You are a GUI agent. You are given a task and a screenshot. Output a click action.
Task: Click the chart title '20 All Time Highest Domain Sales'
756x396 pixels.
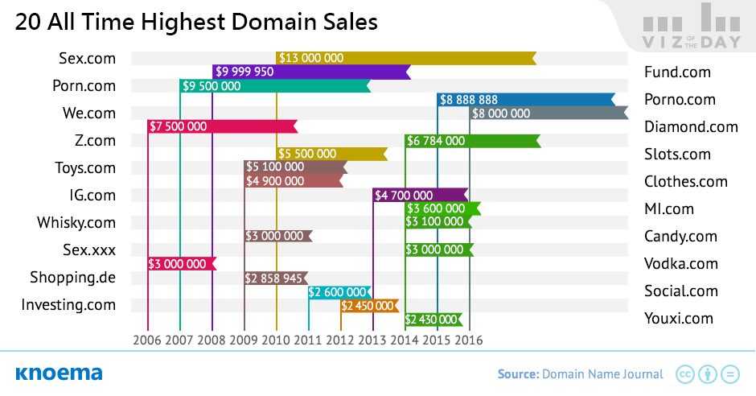point(196,23)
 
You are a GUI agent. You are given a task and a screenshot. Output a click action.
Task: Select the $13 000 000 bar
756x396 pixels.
point(406,58)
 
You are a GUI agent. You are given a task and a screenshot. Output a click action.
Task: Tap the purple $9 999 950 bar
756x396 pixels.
point(311,72)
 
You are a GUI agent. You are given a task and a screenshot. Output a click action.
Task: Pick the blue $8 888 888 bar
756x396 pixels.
point(526,99)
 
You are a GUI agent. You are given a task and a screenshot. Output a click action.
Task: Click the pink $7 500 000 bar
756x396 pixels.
point(222,126)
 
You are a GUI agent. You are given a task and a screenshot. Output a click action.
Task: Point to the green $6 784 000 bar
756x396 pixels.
point(473,141)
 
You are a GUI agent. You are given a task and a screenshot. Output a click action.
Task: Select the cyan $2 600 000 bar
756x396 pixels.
point(340,292)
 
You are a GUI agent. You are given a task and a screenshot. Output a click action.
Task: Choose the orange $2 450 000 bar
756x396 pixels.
point(370,306)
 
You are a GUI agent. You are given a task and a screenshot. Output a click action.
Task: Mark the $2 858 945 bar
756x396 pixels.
point(276,278)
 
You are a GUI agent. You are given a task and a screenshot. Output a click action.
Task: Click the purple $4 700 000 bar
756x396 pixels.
point(421,196)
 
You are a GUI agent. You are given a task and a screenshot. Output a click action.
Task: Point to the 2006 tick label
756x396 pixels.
point(147,340)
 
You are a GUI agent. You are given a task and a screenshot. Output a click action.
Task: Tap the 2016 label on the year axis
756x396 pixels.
point(469,340)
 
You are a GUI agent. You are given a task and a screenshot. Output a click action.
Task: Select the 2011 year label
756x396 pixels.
point(307,340)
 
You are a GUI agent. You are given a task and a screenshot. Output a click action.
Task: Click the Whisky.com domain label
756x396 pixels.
point(76,223)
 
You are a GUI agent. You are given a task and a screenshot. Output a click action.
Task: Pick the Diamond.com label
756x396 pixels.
point(691,127)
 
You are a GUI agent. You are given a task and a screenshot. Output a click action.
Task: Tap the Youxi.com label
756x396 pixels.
point(678,319)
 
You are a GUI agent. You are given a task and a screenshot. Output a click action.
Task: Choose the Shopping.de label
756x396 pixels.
point(73,278)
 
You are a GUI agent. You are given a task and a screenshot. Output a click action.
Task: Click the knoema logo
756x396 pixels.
point(59,373)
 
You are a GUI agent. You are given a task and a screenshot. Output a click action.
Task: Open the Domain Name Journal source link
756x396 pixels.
point(602,374)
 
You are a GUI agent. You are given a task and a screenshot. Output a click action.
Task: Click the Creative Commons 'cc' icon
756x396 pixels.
point(685,374)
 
